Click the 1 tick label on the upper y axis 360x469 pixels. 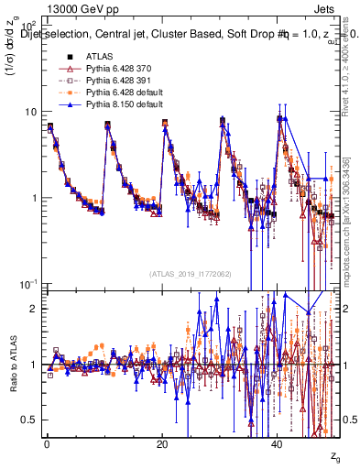(35, 198)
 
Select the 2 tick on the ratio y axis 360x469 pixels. (35, 309)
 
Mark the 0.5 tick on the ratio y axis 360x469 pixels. (32, 420)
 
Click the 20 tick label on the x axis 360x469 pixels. (162, 442)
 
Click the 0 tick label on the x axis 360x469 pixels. (47, 442)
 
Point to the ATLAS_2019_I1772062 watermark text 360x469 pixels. (193, 273)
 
